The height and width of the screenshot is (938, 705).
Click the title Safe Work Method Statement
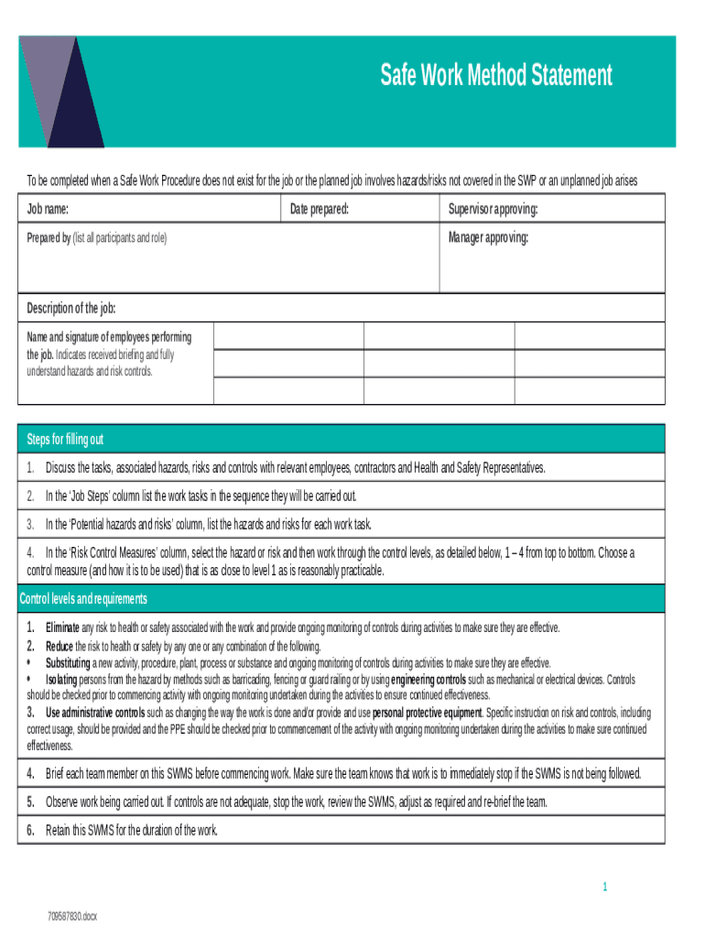[x=496, y=75]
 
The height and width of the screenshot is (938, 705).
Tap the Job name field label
[x=47, y=210]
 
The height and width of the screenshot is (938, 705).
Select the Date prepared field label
[x=320, y=210]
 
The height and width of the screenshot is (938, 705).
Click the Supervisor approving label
[x=493, y=210]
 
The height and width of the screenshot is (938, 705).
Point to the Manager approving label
[x=488, y=238]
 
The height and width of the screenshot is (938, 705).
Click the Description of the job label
[x=71, y=307]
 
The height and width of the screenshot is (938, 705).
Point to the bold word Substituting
[x=68, y=663]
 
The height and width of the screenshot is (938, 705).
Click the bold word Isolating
[x=61, y=680]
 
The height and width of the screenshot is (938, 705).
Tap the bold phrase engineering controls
[x=428, y=680]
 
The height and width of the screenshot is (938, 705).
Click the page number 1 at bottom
[x=605, y=886]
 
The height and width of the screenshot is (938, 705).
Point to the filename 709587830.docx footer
[x=72, y=916]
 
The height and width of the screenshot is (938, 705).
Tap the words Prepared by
[x=49, y=238]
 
